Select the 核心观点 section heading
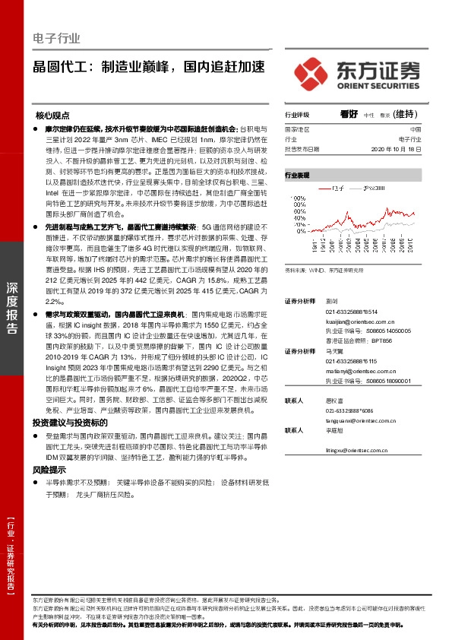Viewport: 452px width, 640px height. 55,116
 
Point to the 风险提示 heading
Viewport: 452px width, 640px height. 50,470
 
